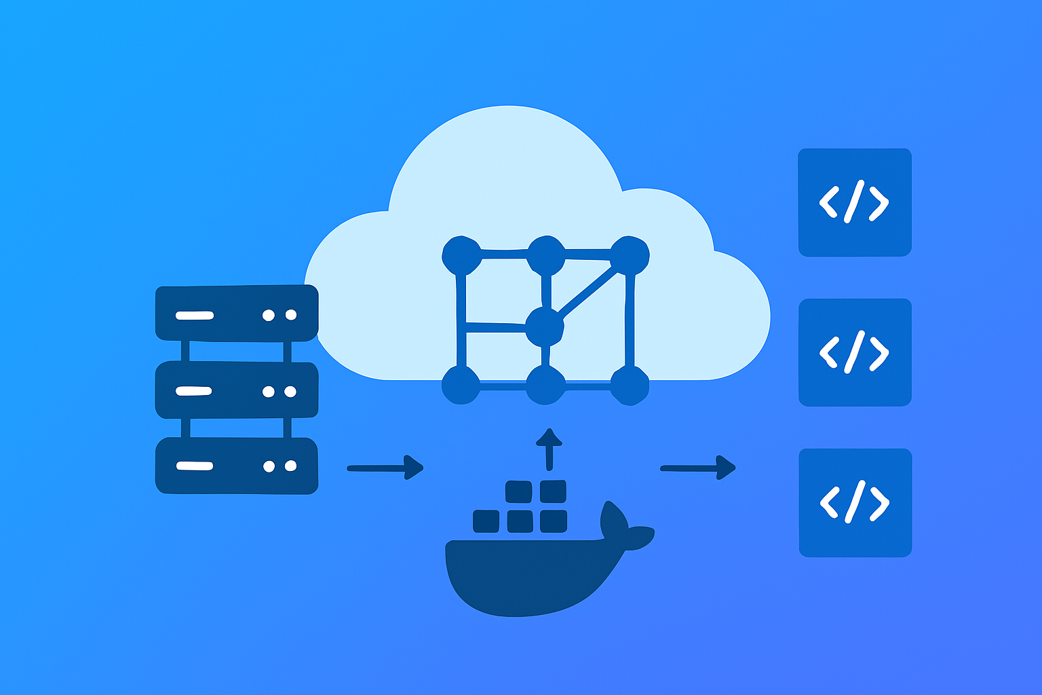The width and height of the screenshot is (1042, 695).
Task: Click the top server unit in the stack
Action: tap(237, 313)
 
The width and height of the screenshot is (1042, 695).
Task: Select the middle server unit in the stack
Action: tap(237, 390)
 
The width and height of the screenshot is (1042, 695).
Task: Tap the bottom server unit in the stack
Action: tap(237, 466)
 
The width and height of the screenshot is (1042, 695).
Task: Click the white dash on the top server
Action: tap(195, 315)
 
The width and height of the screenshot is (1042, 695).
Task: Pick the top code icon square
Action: tap(854, 202)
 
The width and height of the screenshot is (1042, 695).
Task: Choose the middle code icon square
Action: tap(854, 352)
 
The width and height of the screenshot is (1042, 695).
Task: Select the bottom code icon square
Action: tap(855, 503)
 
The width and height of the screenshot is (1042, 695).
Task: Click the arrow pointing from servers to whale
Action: tap(385, 468)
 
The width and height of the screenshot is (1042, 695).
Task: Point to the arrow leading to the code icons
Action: tap(697, 468)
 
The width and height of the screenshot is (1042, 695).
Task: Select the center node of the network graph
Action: tap(544, 328)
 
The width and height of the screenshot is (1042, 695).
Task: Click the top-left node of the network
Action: tap(461, 255)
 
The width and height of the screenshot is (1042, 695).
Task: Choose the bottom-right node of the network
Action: tap(630, 386)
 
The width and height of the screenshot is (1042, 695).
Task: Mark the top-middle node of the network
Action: tap(546, 255)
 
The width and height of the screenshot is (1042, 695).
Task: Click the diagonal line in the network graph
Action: tap(587, 292)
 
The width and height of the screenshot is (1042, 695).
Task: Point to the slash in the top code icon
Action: tap(854, 202)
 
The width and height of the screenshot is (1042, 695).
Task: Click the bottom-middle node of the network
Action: tap(545, 386)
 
